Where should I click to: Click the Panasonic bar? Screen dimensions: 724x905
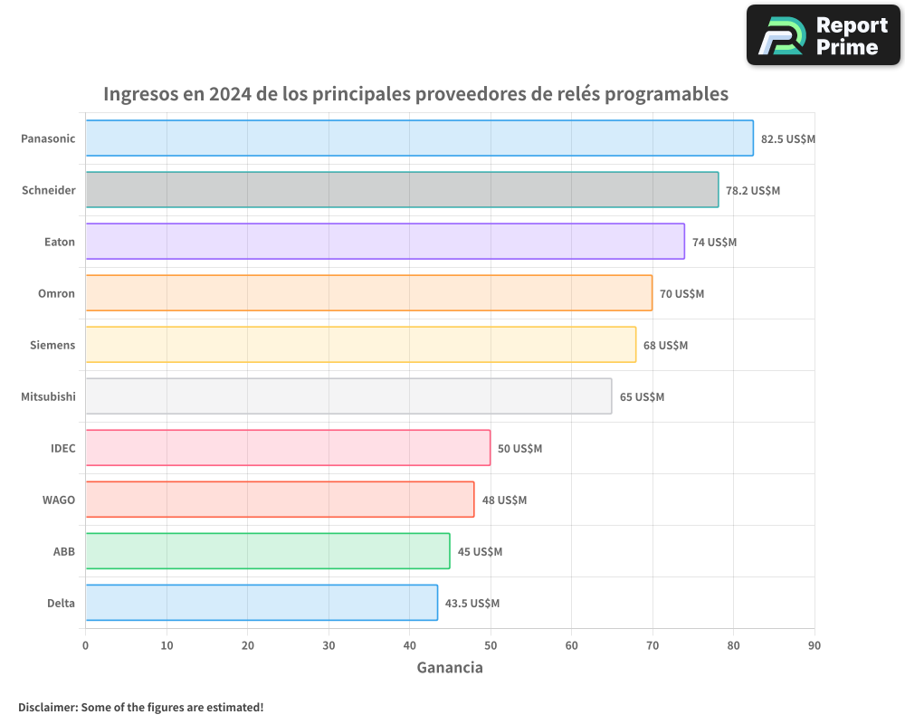[x=419, y=138]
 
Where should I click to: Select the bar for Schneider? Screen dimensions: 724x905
[x=402, y=190]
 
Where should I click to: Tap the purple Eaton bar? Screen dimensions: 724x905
[x=385, y=242]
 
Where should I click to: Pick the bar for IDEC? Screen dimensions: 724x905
[x=288, y=448]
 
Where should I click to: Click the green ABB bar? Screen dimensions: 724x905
[x=267, y=551]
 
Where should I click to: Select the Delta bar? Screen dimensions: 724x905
[x=262, y=603]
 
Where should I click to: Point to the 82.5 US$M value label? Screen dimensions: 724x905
[x=788, y=139]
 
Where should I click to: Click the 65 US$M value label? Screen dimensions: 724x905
[x=642, y=397]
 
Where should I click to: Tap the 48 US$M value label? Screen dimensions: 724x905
[x=504, y=500]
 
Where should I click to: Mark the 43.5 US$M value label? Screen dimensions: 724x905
[x=472, y=604]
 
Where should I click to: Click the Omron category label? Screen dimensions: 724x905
[x=56, y=293]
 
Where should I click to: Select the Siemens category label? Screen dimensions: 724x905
[x=52, y=345]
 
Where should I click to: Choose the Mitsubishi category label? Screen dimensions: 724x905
[x=48, y=396]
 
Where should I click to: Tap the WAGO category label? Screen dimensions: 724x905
[x=58, y=500]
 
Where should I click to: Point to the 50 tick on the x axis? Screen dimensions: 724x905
[x=491, y=645]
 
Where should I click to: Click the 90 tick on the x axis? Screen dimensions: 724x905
[x=814, y=645]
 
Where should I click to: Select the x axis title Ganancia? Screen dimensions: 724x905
[x=450, y=668]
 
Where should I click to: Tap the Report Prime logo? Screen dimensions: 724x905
[x=824, y=35]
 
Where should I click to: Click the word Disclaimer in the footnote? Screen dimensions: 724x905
[x=47, y=707]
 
